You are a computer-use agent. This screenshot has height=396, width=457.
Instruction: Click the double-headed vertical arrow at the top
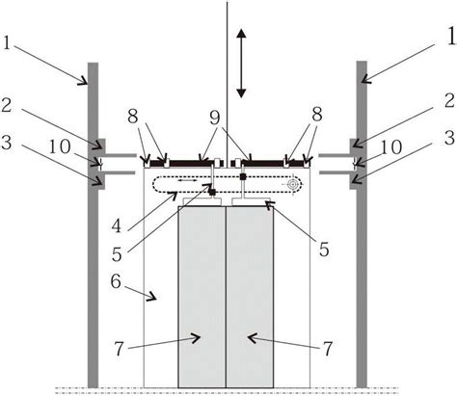coord(241,63)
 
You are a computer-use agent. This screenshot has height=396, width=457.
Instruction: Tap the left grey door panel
coord(202,297)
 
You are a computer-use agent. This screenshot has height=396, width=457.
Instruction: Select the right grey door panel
coord(250,297)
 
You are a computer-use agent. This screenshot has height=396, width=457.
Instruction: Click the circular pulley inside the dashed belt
coord(292,184)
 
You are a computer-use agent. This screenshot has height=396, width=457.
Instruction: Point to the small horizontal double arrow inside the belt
coord(188,181)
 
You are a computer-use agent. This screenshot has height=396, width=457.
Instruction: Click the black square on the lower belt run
coord(212,192)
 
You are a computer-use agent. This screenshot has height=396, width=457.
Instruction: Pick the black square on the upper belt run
coord(243,176)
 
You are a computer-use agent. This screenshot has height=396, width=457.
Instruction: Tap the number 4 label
coord(117,226)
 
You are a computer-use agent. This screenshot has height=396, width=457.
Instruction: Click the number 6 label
coord(116,281)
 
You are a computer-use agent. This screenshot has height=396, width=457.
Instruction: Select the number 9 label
coord(215,119)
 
